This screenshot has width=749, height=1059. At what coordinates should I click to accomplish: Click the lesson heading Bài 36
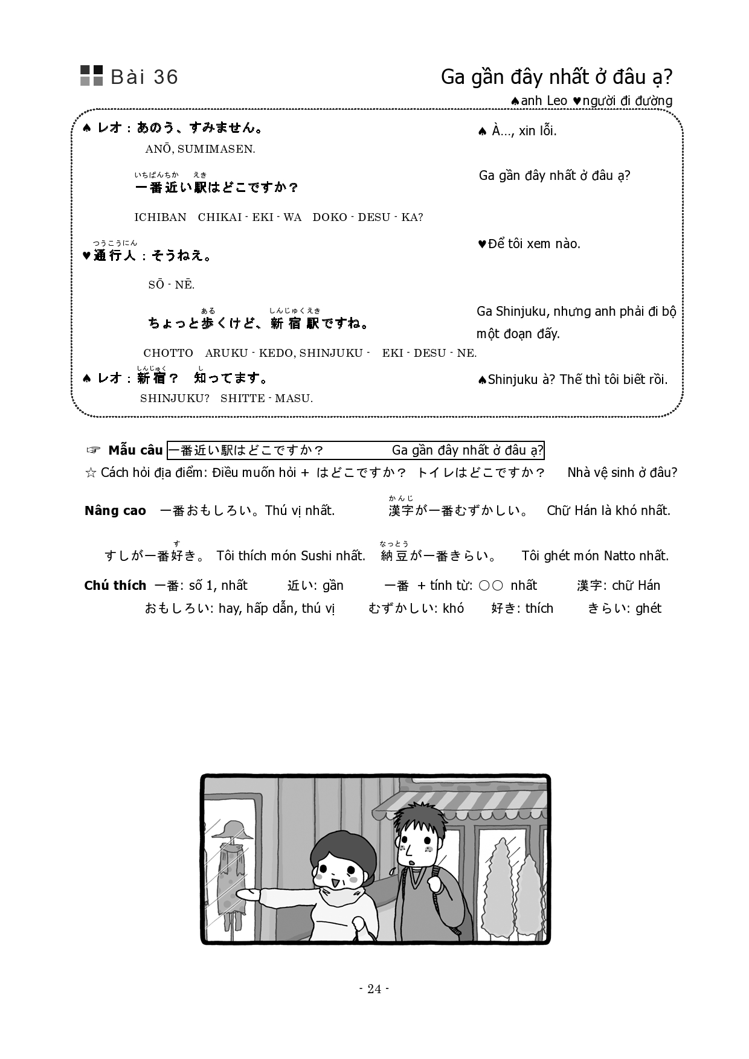pyautogui.click(x=144, y=77)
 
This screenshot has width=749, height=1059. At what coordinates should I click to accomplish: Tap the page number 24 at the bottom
pyautogui.click(x=374, y=988)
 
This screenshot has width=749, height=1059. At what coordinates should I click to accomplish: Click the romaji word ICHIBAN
pyautogui.click(x=160, y=217)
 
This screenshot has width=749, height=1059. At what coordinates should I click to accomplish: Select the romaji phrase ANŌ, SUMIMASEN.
pyautogui.click(x=200, y=149)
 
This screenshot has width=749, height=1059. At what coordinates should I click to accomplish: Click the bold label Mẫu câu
pyautogui.click(x=135, y=450)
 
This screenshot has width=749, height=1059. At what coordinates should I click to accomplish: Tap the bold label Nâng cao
pyautogui.click(x=115, y=511)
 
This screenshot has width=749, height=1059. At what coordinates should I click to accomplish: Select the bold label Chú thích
pyautogui.click(x=115, y=586)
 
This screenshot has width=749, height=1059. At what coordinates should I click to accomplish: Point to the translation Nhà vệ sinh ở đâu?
pyautogui.click(x=622, y=473)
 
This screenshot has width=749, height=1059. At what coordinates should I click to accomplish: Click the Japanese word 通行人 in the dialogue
pyautogui.click(x=115, y=256)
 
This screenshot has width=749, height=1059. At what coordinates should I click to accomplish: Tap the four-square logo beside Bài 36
pyautogui.click(x=92, y=75)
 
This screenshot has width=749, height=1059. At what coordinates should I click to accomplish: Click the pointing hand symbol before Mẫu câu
pyautogui.click(x=92, y=450)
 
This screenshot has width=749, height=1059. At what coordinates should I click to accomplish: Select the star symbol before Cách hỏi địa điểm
pyautogui.click(x=91, y=473)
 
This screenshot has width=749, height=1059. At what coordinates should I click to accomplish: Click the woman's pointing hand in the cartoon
pyautogui.click(x=246, y=894)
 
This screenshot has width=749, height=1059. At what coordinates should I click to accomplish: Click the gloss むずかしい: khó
pyautogui.click(x=416, y=609)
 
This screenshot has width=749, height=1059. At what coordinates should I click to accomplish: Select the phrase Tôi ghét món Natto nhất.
pyautogui.click(x=595, y=556)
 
